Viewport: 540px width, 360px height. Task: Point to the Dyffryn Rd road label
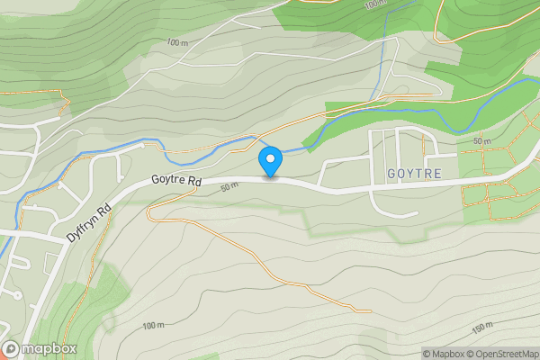[x=88, y=221]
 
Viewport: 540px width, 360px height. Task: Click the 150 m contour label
[x=482, y=327]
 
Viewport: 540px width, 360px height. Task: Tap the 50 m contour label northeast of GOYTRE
[x=482, y=141]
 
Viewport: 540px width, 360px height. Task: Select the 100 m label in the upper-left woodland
[x=178, y=42]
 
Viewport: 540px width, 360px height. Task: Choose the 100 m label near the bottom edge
[x=154, y=326]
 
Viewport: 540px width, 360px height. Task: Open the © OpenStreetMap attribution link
[x=499, y=354]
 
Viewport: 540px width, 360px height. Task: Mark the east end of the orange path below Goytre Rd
[x=370, y=311]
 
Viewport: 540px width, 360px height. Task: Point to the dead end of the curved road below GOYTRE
[x=417, y=213]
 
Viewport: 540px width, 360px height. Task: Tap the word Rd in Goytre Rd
[x=192, y=183]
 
